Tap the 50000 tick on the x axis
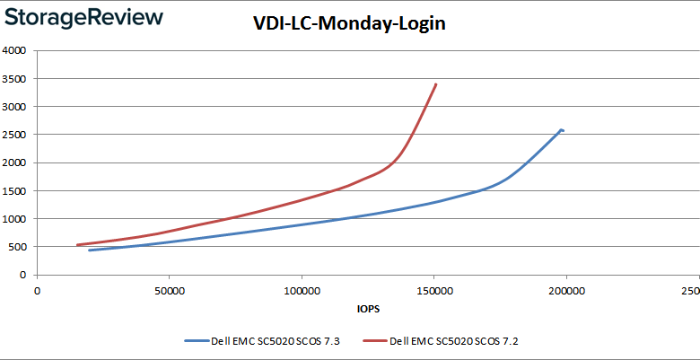pyautogui.click(x=170, y=291)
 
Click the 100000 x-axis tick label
pyautogui.click(x=302, y=291)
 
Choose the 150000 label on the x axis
pyautogui.click(x=434, y=291)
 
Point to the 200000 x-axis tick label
pyautogui.click(x=566, y=291)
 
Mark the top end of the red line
pyautogui.click(x=436, y=83)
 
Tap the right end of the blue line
pyautogui.click(x=563, y=130)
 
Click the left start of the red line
pyautogui.click(x=77, y=245)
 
